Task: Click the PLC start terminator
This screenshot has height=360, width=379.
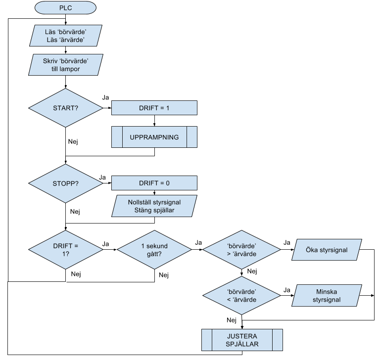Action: (x=66, y=8)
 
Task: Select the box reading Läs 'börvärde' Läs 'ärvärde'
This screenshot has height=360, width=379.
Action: (x=66, y=36)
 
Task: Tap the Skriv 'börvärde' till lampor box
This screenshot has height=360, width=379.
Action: (x=66, y=65)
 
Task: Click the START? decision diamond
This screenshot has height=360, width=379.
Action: (x=66, y=108)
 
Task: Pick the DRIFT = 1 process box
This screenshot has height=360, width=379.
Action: (x=154, y=108)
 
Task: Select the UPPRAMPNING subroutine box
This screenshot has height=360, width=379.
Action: (x=154, y=137)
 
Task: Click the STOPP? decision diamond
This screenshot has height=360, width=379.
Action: (x=66, y=183)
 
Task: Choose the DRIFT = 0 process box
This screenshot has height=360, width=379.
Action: (x=154, y=183)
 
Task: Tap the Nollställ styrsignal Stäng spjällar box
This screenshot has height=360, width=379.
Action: (x=154, y=206)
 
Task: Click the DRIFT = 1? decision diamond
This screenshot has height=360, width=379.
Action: (x=66, y=249)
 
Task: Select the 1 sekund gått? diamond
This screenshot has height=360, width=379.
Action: (x=154, y=249)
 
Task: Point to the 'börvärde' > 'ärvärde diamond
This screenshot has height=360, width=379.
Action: (x=241, y=249)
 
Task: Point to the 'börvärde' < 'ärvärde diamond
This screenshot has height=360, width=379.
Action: (x=241, y=295)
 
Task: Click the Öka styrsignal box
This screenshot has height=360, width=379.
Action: (x=327, y=250)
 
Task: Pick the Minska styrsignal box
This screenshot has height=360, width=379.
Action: (x=327, y=296)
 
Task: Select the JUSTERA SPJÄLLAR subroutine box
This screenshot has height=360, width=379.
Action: (x=242, y=340)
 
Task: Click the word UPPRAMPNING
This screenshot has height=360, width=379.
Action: (x=154, y=137)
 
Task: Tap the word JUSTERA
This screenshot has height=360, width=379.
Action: (x=242, y=336)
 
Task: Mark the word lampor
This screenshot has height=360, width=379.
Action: (x=70, y=69)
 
